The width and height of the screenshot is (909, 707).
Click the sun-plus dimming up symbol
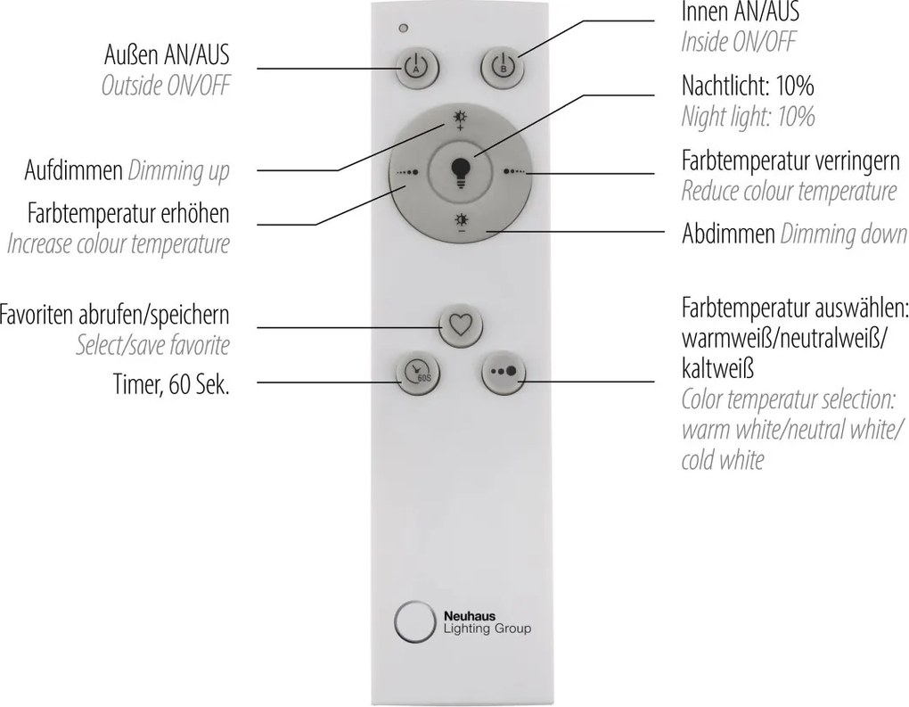point(461,119)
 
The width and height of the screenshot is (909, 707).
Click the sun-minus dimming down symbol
point(462,223)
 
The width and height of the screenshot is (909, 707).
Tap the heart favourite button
point(461,325)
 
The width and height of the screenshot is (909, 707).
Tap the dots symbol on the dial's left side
point(407,172)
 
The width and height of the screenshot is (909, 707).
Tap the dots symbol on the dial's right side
point(515,172)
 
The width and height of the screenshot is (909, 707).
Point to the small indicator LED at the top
point(404,28)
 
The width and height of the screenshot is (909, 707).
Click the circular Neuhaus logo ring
point(414,622)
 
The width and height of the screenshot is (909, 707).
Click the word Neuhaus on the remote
point(470,617)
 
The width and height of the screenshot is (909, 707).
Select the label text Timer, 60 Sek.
point(172,384)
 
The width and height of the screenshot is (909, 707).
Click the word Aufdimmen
point(74,170)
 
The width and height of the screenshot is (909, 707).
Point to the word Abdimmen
point(729,234)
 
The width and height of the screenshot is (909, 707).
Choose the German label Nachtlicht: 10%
point(748,86)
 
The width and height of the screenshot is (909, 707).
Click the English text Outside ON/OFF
point(166,86)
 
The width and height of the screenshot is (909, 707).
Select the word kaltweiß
point(717,368)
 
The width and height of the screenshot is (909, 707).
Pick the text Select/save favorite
point(153,346)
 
